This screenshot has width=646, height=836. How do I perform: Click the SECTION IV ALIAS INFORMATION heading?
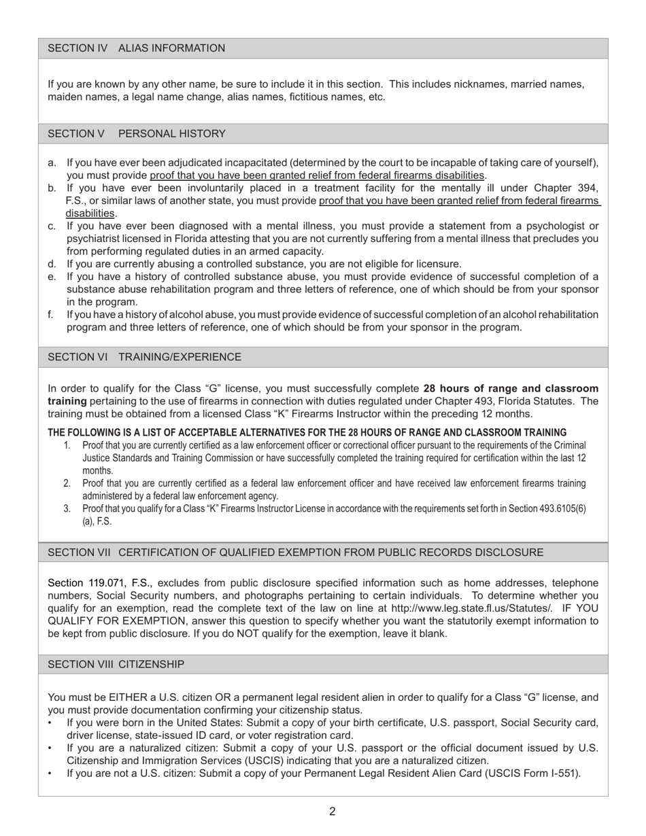[x=136, y=48]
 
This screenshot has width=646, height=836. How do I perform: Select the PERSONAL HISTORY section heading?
[x=171, y=134]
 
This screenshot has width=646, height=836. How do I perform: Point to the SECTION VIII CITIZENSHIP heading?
[x=116, y=664]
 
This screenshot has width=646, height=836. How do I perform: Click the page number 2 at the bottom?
[x=332, y=811]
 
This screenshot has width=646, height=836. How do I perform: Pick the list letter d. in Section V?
[x=52, y=264]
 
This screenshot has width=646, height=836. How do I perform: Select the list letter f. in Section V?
[x=51, y=315]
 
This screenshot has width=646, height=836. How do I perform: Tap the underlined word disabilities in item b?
[x=90, y=213]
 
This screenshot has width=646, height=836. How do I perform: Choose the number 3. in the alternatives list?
[x=67, y=508]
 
